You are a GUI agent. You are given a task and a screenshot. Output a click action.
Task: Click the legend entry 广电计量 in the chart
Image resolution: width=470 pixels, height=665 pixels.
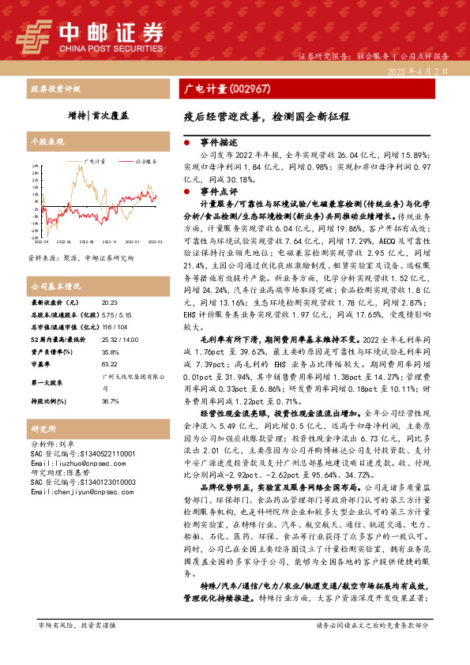[x=96, y=160]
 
